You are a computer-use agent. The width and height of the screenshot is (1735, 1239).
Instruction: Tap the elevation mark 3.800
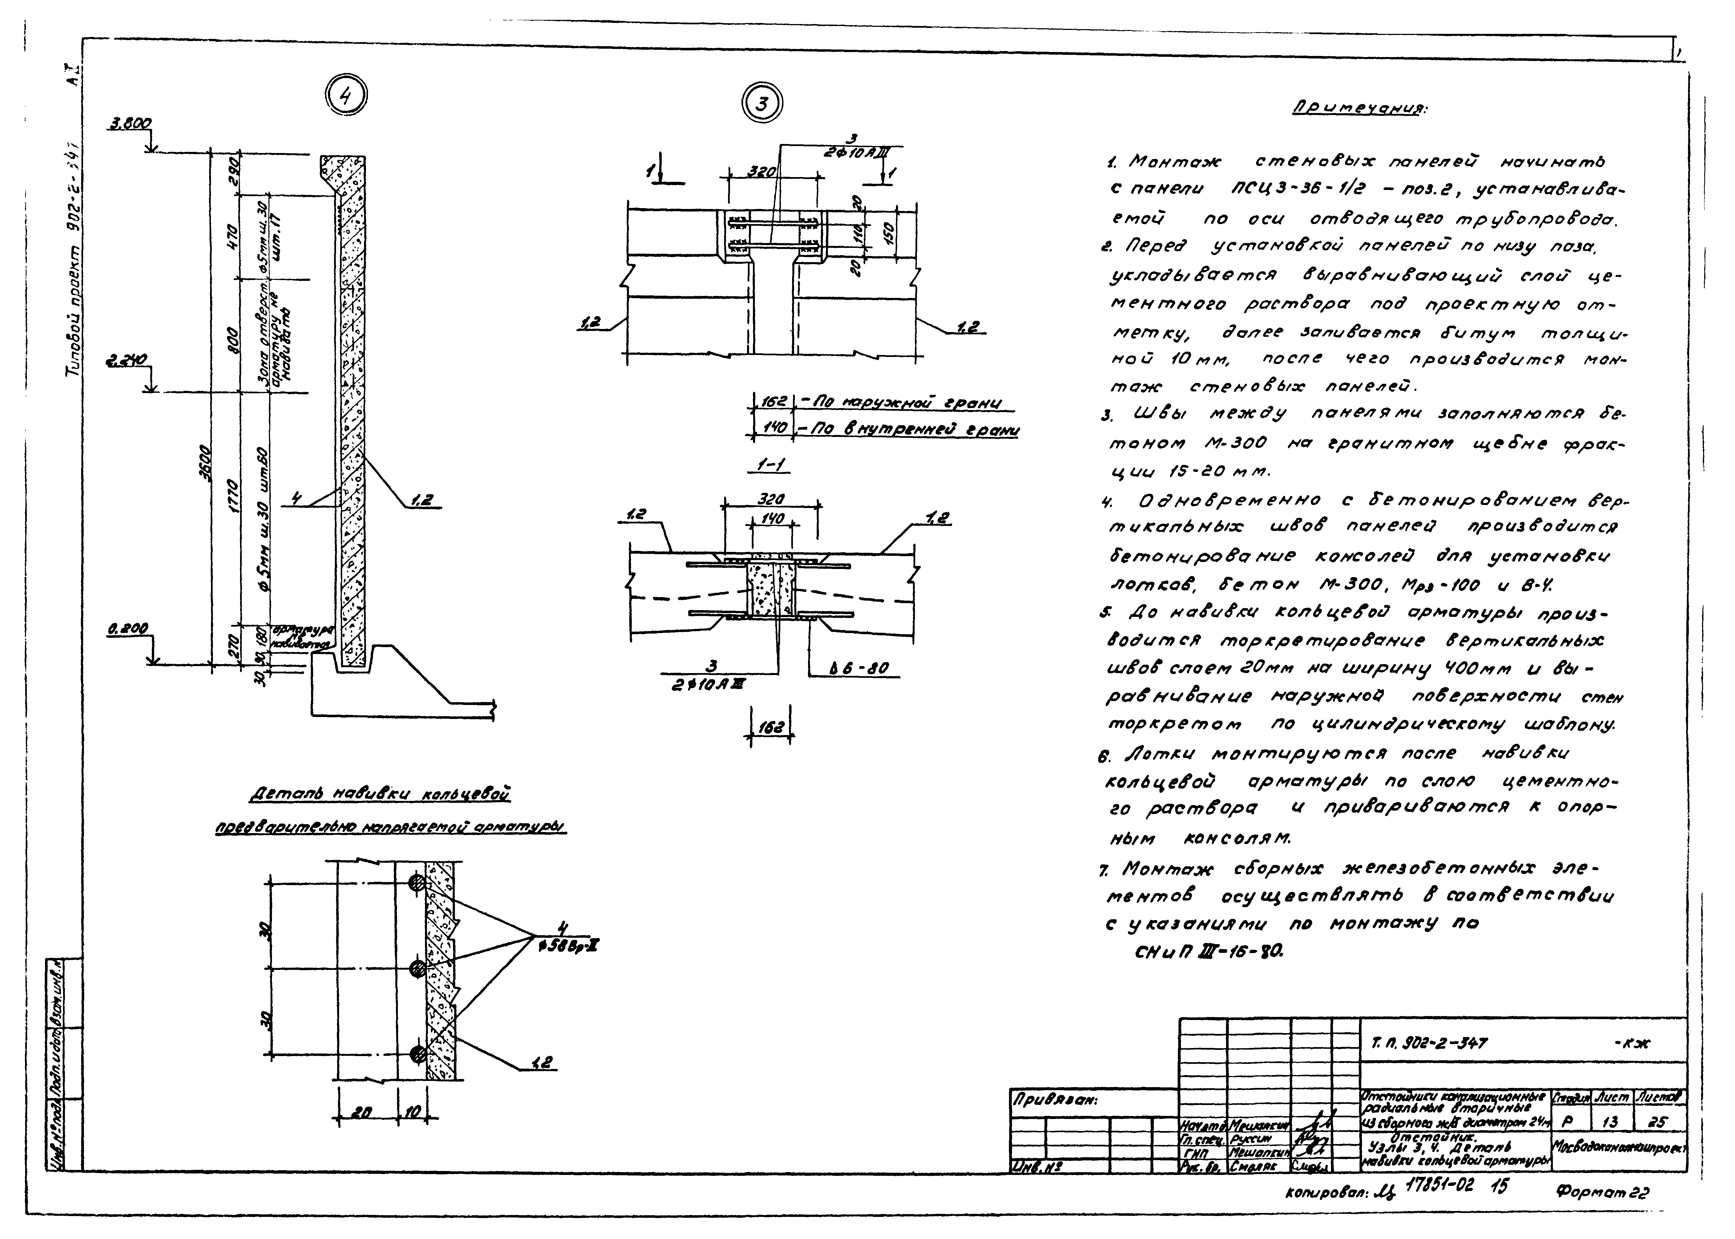131,123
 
